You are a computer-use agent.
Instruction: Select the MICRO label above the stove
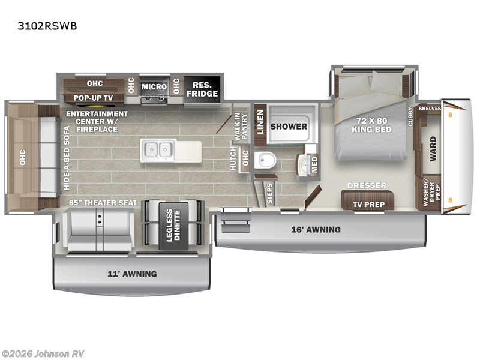154,86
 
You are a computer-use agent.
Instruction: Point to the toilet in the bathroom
265,160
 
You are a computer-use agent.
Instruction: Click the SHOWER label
289,127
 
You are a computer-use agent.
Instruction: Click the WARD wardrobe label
433,146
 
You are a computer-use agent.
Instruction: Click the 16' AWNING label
316,229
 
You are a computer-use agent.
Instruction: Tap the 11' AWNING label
132,274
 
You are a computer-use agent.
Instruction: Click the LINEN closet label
260,123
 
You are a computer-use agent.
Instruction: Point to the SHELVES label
430,109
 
